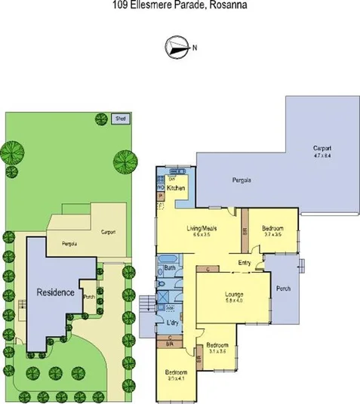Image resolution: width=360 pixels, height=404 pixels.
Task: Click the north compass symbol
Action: (x=175, y=48)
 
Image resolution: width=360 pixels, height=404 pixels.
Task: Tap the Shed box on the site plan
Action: (x=119, y=119)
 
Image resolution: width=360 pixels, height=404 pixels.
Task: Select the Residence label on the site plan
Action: (x=56, y=291)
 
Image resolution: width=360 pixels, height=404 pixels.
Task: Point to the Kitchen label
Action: (x=176, y=187)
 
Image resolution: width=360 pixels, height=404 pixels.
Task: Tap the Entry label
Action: (x=244, y=262)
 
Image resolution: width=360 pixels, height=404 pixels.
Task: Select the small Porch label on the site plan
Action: (x=88, y=296)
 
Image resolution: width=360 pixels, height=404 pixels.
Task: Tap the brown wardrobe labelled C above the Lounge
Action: (x=208, y=267)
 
